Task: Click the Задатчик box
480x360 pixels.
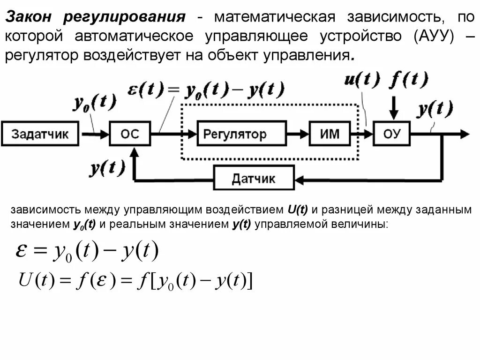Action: click(40, 135)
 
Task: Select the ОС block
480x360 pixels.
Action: click(130, 135)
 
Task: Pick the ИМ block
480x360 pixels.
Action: click(330, 135)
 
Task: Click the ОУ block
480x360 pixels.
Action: click(392, 135)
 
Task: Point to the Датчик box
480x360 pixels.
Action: click(254, 178)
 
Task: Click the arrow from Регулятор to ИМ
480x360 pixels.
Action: click(297, 135)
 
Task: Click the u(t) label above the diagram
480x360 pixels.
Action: click(362, 80)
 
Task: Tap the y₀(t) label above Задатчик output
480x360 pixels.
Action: click(94, 103)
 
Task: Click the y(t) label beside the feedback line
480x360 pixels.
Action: click(107, 166)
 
